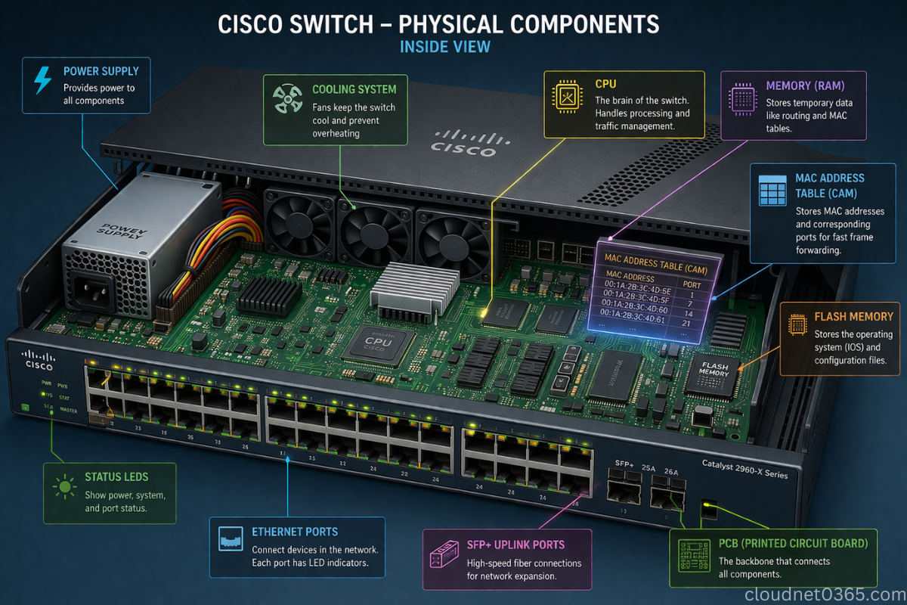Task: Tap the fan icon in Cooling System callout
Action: point(288,99)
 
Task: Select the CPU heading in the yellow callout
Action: point(605,84)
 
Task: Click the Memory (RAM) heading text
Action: point(805,85)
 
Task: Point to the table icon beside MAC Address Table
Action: point(772,190)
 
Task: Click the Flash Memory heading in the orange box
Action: point(853,317)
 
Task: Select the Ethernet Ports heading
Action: point(295,532)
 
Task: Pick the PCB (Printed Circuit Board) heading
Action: point(793,543)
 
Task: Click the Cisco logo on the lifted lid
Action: point(463,143)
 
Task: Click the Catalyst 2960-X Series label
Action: point(744,469)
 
